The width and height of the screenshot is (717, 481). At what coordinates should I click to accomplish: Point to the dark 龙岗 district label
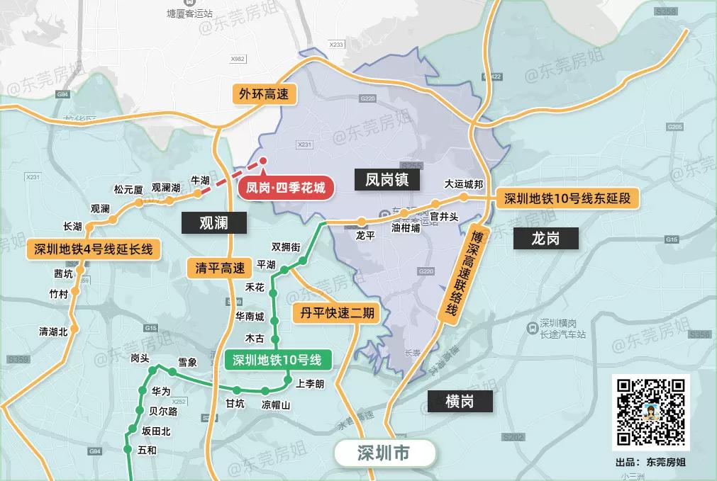[545, 238]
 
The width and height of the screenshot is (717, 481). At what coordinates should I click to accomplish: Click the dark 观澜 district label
[213, 223]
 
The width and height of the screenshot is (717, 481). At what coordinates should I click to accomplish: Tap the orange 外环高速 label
[264, 94]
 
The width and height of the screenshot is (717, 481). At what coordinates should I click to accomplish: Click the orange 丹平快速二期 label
[337, 312]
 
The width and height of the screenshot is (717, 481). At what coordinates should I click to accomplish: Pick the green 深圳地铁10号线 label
[278, 360]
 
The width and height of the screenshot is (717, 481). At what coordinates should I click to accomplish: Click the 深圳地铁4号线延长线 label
[93, 249]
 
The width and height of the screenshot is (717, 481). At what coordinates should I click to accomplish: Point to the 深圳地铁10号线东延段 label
[567, 198]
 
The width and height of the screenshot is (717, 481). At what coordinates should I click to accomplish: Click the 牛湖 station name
[201, 181]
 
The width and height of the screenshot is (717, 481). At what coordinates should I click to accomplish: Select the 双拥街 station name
[287, 247]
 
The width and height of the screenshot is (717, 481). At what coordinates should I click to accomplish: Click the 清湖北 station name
[53, 331]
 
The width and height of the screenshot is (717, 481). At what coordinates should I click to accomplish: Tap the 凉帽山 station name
[277, 405]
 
